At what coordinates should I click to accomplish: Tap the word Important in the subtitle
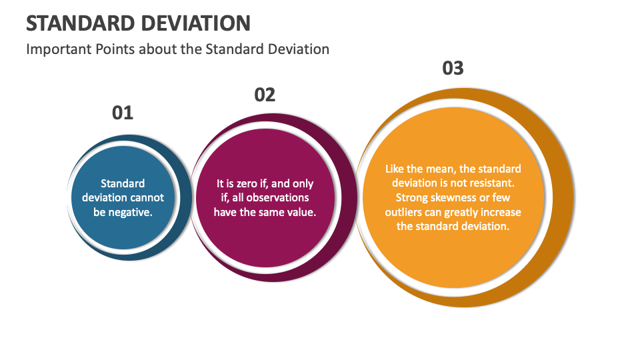(55, 49)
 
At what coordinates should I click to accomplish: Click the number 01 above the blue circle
(123, 113)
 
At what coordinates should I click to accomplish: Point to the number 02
(265, 95)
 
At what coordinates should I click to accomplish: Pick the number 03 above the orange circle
(453, 68)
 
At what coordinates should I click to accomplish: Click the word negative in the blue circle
(130, 212)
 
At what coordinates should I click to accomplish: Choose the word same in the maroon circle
(269, 212)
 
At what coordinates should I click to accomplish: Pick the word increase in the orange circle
(503, 212)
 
